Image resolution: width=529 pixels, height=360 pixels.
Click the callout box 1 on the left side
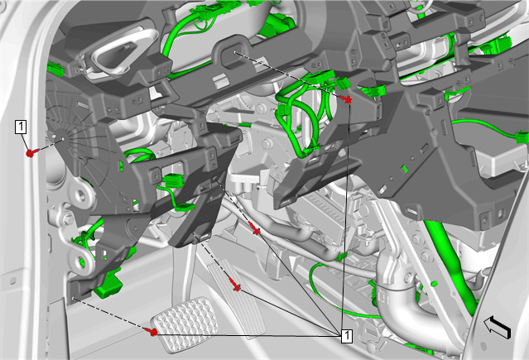click(21, 127)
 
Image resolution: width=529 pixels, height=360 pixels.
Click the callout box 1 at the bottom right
click(347, 336)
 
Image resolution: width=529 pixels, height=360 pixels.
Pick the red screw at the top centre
click(346, 98)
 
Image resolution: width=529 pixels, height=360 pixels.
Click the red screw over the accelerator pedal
click(235, 285)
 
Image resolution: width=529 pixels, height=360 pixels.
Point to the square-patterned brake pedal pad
click(185, 324)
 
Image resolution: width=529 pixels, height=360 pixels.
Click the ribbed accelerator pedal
click(236, 297)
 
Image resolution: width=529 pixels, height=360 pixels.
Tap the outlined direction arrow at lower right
click(498, 326)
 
